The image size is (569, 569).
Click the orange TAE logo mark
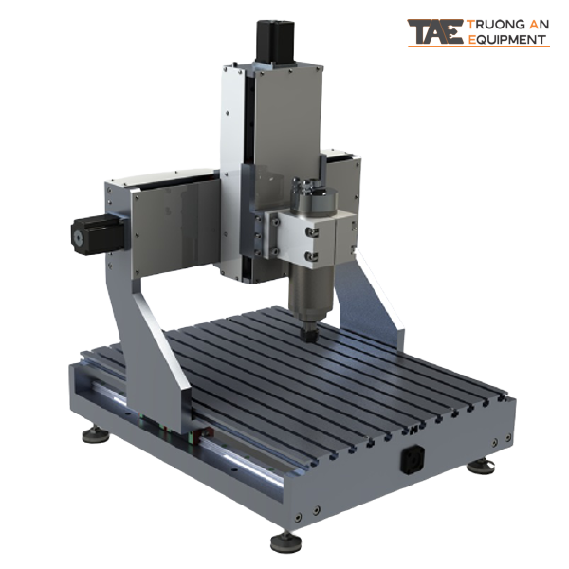pos(435,32)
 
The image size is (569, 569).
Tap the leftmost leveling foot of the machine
pos(94,435)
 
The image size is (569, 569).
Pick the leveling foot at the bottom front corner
pos(285,541)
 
